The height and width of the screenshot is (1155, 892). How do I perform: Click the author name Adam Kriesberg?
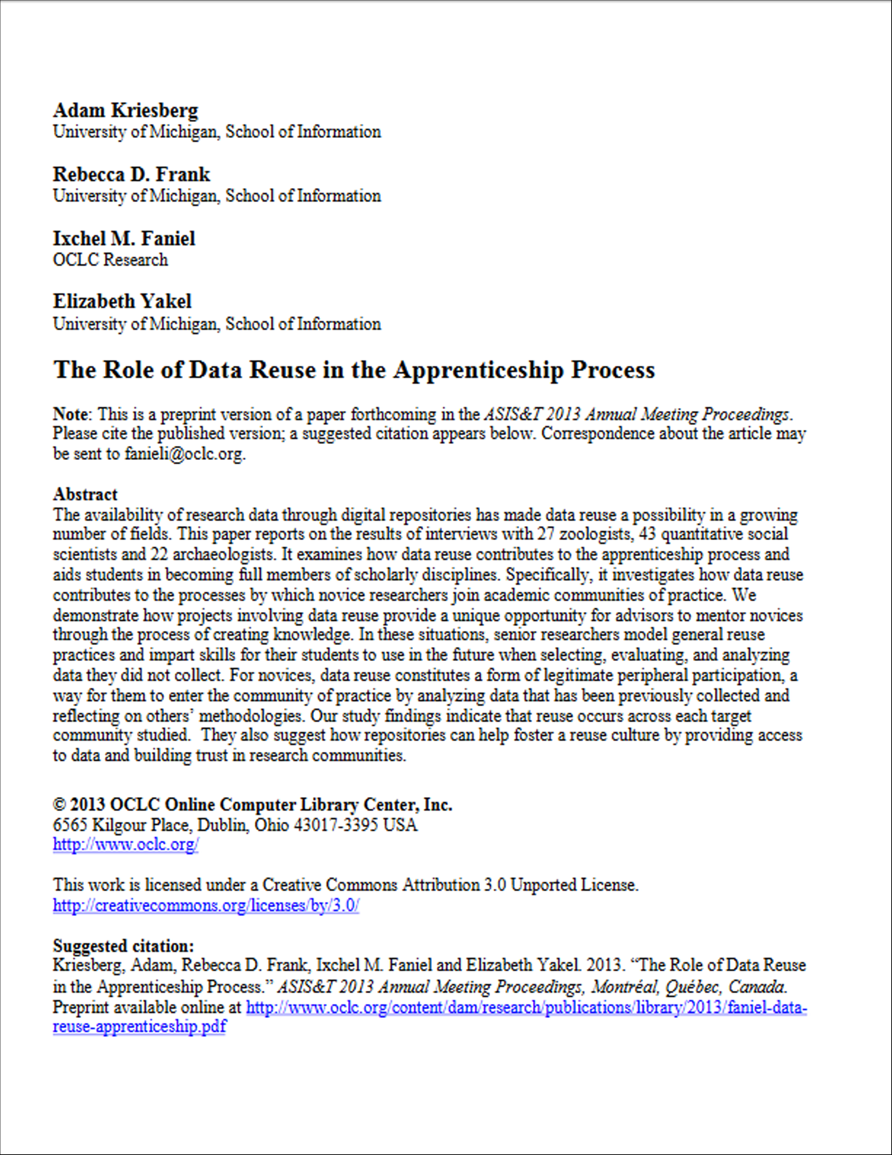[125, 110]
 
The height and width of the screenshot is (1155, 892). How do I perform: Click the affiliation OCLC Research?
[110, 260]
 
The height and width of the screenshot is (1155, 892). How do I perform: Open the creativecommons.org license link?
[206, 905]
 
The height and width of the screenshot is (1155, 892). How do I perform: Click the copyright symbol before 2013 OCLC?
[59, 805]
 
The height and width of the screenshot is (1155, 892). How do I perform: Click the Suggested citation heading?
[123, 946]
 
